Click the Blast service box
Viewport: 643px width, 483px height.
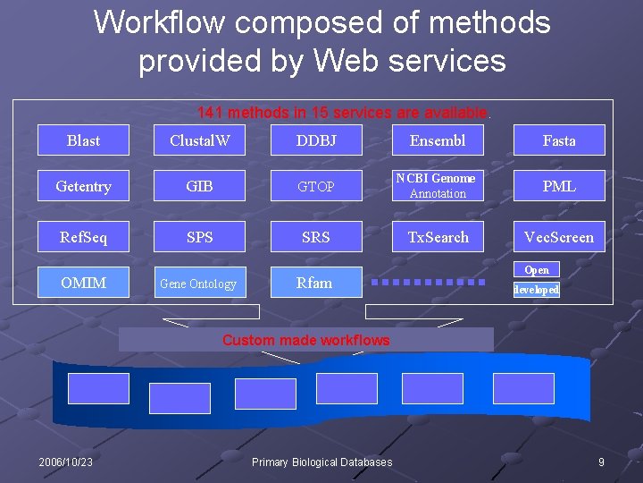(84, 140)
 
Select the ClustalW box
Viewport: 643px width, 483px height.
(200, 140)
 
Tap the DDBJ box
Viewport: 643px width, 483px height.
(316, 140)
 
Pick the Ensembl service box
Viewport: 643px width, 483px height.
(438, 140)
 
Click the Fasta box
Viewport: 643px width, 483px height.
(559, 140)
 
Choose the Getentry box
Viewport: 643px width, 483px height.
(84, 186)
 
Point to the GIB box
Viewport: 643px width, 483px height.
(200, 186)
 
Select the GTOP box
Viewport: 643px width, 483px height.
(316, 186)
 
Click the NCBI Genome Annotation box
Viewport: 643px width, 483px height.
(438, 186)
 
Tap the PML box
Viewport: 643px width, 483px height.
(559, 186)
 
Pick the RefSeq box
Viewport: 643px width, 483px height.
(84, 237)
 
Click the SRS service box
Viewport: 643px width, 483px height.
(316, 237)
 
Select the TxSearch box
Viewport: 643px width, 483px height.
(438, 237)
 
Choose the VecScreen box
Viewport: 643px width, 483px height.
(559, 237)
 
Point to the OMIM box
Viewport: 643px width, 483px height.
(84, 283)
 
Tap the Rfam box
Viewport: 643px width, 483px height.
(316, 283)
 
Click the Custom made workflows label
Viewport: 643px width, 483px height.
(305, 340)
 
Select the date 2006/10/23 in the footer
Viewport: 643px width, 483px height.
(66, 462)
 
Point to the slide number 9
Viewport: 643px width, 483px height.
(601, 462)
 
